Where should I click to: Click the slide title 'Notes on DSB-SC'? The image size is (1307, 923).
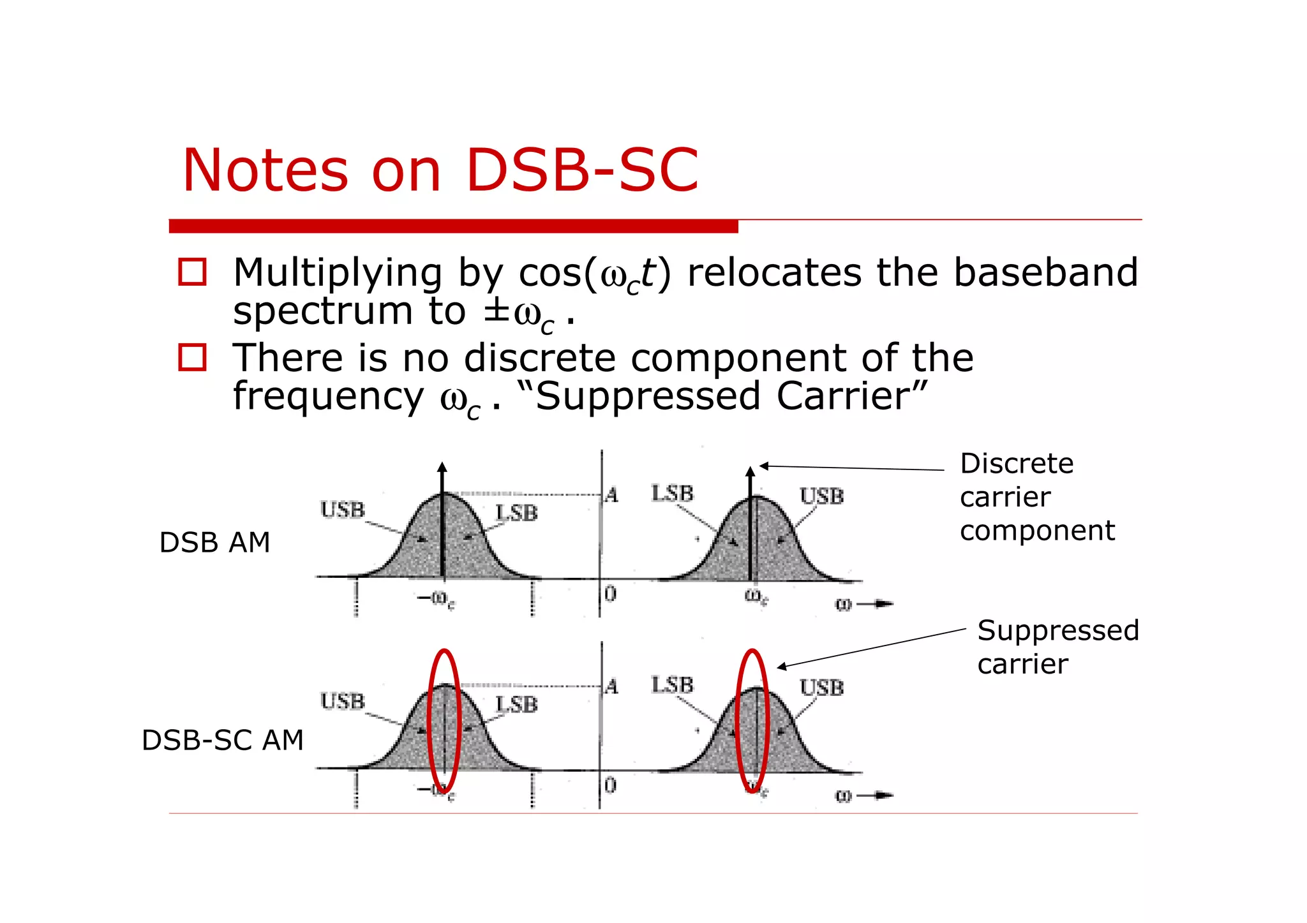pyautogui.click(x=440, y=170)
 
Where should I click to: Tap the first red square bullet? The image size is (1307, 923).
pyautogui.click(x=192, y=272)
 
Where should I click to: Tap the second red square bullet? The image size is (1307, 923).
pyautogui.click(x=192, y=357)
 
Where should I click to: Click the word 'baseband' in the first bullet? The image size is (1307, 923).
pyautogui.click(x=1045, y=273)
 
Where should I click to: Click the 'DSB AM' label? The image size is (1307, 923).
pyautogui.click(x=214, y=543)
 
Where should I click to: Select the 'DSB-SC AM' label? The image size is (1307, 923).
pyautogui.click(x=222, y=741)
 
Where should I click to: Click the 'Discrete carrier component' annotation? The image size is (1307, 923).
pyautogui.click(x=1036, y=497)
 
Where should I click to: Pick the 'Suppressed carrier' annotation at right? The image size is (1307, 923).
pyautogui.click(x=1057, y=647)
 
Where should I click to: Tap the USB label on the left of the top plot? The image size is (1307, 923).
pyautogui.click(x=343, y=510)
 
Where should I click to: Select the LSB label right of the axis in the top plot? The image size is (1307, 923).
pyautogui.click(x=672, y=493)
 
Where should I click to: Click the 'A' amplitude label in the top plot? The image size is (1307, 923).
pyautogui.click(x=611, y=495)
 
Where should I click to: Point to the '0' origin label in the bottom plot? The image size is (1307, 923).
pyautogui.click(x=610, y=785)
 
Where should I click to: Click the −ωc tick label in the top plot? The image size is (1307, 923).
pyautogui.click(x=436, y=599)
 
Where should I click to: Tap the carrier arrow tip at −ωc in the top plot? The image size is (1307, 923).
pyautogui.click(x=442, y=467)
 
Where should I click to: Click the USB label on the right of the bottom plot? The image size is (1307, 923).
pyautogui.click(x=821, y=688)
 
